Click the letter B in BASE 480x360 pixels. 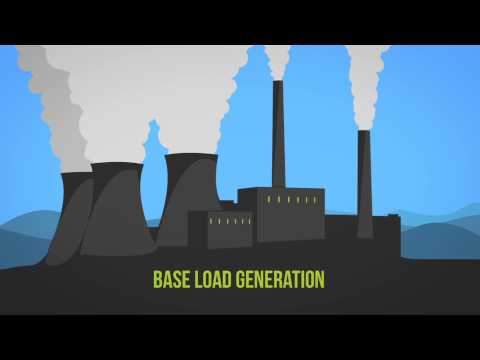[157, 279]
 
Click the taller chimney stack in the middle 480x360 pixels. [278, 140]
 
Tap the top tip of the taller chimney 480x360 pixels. [278, 83]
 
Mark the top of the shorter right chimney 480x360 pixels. [364, 131]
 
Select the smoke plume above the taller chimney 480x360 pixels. [277, 60]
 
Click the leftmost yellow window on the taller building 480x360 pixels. [268, 200]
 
